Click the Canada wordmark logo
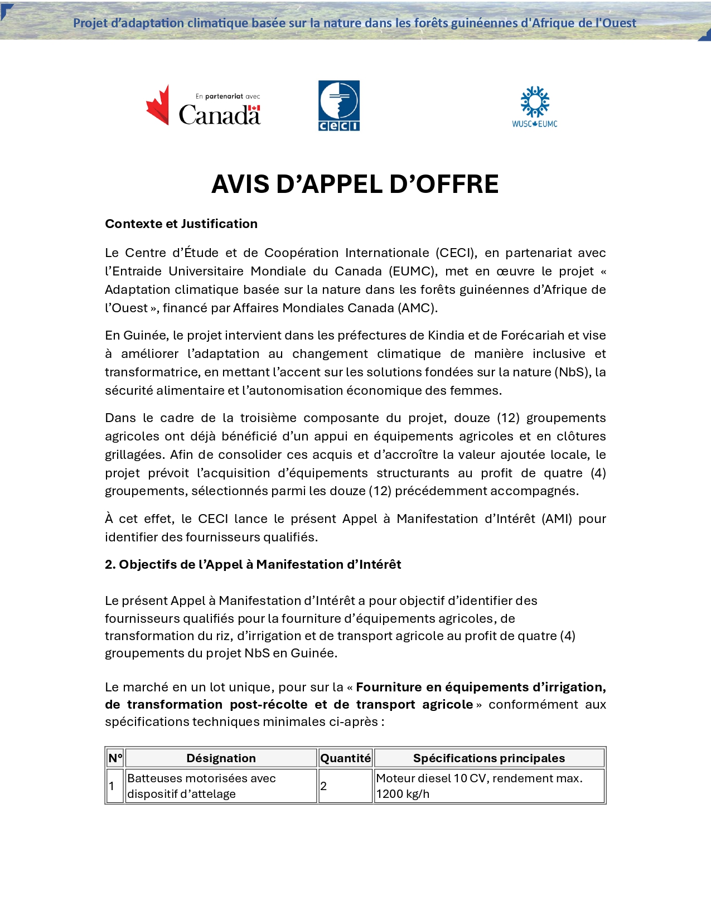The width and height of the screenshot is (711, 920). click(x=204, y=106)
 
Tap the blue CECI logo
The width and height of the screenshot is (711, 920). click(x=338, y=105)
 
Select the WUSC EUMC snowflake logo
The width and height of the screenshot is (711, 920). click(x=535, y=106)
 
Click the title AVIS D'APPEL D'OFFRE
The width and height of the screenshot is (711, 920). click(x=355, y=184)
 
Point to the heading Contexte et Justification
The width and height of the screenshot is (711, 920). click(x=181, y=224)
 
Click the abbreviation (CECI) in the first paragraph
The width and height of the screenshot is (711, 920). click(x=456, y=253)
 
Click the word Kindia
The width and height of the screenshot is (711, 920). click(x=446, y=335)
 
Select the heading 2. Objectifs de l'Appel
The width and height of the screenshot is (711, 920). click(x=253, y=564)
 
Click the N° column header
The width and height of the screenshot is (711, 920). click(x=115, y=758)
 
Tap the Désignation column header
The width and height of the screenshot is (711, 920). click(x=221, y=758)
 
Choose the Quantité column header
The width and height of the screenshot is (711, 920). click(x=345, y=758)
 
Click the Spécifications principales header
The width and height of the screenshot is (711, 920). click(x=488, y=758)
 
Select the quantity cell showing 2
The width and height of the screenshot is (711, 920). click(x=323, y=786)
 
